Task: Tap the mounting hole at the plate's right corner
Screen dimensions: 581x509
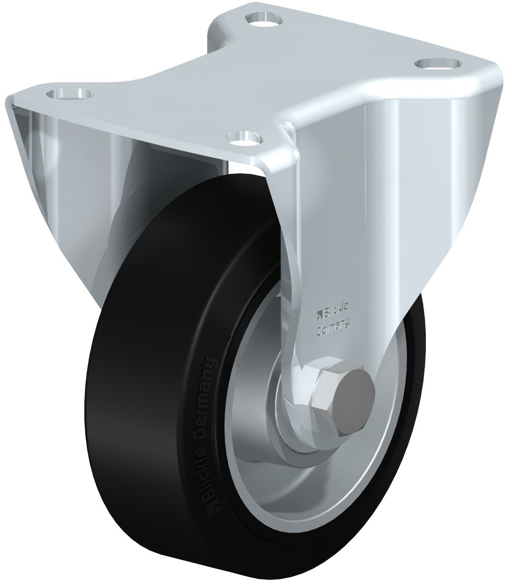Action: (x=438, y=63)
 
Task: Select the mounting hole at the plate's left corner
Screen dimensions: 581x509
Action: (x=70, y=93)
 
